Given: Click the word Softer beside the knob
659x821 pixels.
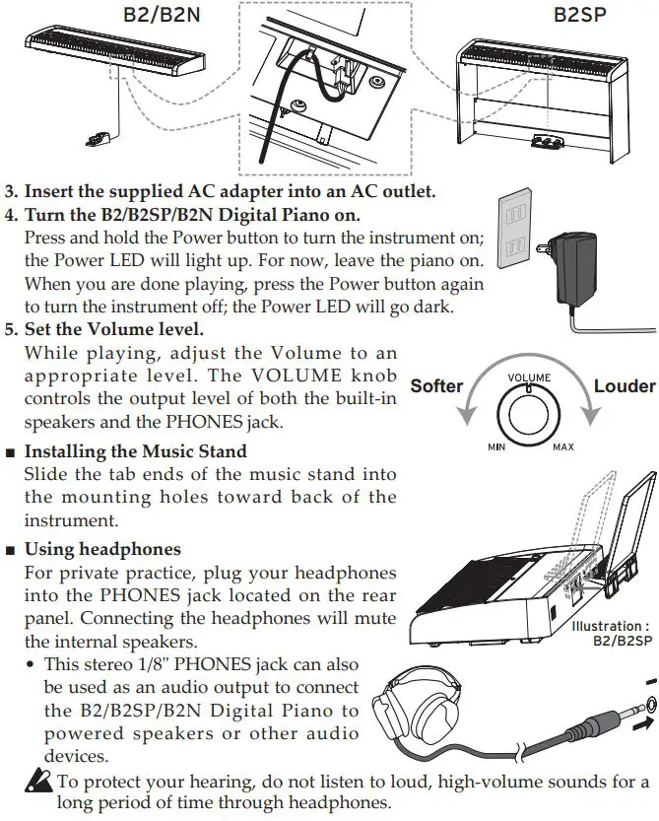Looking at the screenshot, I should (x=435, y=385).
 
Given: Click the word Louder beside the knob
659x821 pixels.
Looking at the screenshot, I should (x=624, y=385).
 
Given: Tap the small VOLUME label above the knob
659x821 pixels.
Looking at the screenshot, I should (x=529, y=377).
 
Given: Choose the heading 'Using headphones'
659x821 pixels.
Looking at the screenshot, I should (x=102, y=548).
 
